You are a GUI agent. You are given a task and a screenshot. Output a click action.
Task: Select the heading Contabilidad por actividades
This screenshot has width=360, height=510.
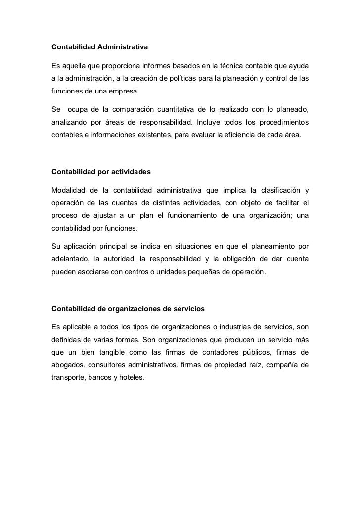point(101,172)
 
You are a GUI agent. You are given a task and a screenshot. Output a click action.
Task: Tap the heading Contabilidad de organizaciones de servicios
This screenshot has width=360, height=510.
point(128,309)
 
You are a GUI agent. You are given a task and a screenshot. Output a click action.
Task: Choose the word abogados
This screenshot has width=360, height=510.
point(68,366)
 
